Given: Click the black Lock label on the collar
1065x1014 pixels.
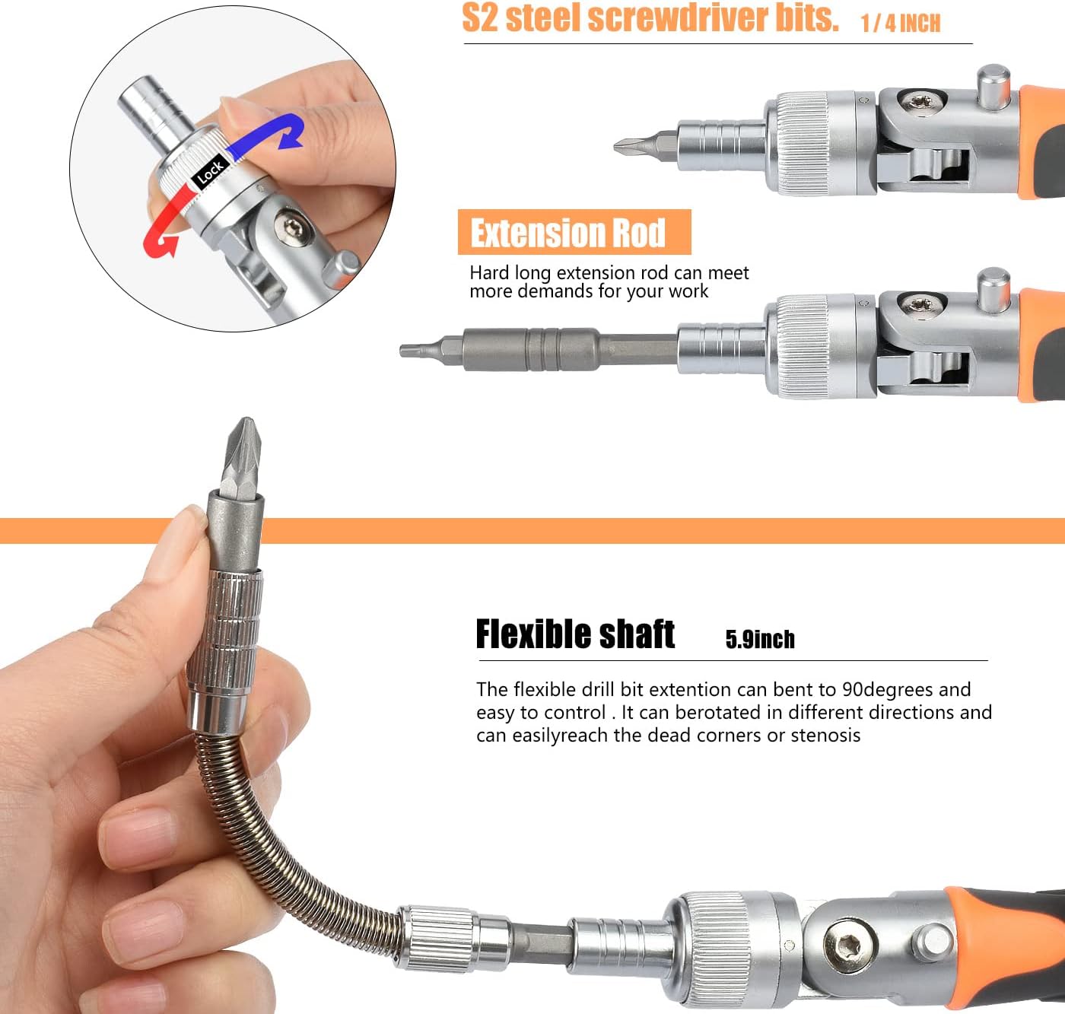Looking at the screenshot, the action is click(x=209, y=172).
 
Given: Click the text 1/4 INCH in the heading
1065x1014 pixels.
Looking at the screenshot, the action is click(x=901, y=24).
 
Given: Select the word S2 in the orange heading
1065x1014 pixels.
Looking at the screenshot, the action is click(x=479, y=17).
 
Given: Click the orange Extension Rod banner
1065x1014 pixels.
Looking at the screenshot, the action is click(x=574, y=232).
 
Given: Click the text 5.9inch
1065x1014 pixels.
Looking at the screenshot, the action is click(x=760, y=639).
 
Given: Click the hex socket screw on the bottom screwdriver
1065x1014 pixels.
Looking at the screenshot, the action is click(x=847, y=946).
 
